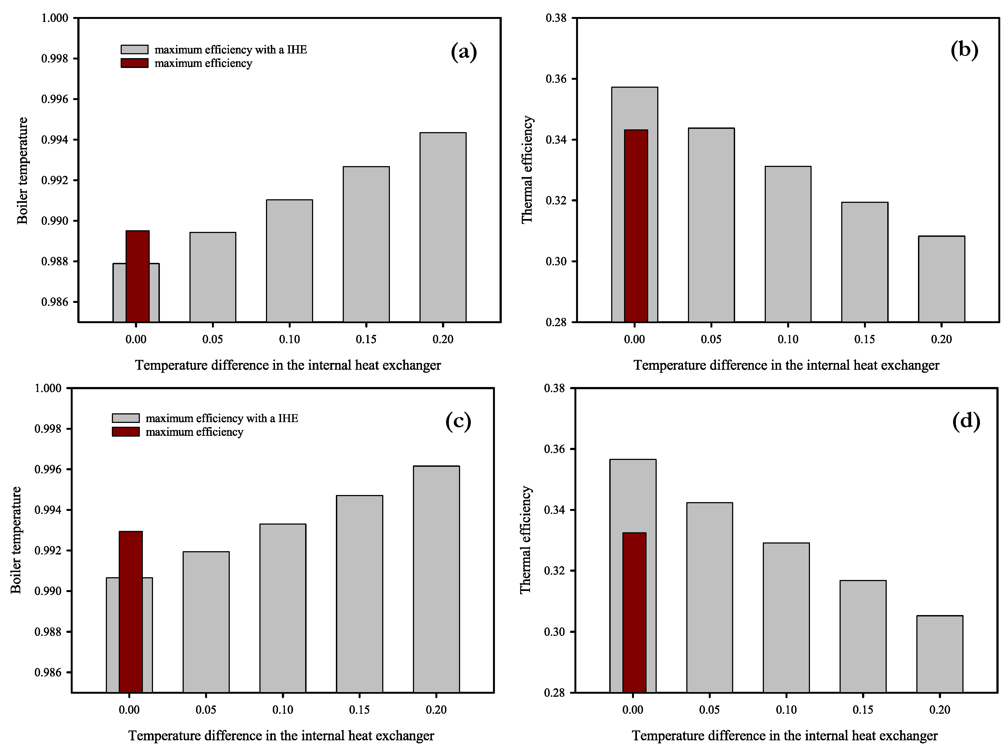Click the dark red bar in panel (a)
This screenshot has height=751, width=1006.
click(x=137, y=276)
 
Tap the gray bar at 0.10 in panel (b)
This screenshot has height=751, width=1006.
click(x=788, y=244)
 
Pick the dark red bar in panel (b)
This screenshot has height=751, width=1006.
click(x=636, y=226)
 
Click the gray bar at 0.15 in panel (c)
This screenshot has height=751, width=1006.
click(x=359, y=594)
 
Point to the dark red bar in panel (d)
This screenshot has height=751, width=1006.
click(x=634, y=612)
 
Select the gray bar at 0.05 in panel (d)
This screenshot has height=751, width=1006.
click(x=710, y=597)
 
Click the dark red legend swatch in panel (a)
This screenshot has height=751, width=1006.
click(x=135, y=63)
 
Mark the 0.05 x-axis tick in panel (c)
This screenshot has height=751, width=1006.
click(x=206, y=710)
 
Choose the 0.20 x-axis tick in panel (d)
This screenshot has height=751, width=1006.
click(x=940, y=710)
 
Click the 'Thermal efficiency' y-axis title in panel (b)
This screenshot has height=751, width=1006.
click(x=527, y=170)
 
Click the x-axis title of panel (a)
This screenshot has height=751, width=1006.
click(x=288, y=365)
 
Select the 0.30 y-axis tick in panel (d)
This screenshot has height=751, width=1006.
click(x=554, y=632)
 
